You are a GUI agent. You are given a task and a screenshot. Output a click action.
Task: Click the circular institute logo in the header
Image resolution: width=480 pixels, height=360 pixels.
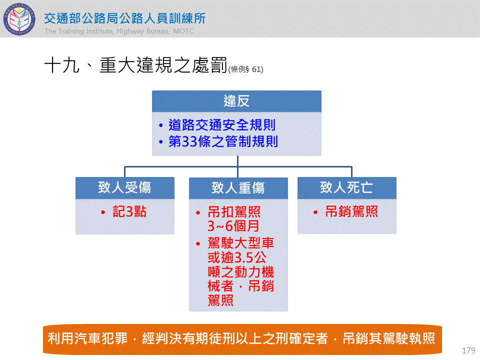(19, 19)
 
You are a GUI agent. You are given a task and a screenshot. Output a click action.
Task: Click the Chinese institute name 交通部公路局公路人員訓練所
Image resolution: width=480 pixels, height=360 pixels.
(124, 18)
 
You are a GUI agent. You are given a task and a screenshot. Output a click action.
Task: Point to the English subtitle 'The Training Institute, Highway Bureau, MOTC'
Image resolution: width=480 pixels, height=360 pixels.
(119, 31)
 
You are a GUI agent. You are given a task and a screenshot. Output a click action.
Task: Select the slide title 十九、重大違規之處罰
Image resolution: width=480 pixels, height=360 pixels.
(135, 65)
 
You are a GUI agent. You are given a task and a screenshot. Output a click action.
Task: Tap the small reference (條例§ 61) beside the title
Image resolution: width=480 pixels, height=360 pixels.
(246, 69)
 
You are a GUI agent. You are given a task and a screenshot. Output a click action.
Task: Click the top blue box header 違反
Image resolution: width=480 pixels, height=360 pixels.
(236, 101)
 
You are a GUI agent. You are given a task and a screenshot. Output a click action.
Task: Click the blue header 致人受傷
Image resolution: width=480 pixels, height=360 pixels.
(125, 187)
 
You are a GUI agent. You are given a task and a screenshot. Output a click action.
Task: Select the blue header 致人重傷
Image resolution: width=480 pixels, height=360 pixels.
(238, 188)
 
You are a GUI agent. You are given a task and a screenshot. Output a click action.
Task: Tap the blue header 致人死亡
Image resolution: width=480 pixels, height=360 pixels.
(347, 187)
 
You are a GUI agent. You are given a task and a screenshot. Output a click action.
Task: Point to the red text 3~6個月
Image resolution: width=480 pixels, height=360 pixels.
(233, 226)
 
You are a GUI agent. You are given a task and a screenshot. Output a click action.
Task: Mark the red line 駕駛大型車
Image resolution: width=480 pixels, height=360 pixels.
(240, 243)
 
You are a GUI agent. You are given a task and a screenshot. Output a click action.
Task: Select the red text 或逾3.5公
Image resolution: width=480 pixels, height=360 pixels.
(237, 257)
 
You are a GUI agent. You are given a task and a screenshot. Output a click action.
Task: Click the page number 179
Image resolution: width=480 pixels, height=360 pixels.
(468, 350)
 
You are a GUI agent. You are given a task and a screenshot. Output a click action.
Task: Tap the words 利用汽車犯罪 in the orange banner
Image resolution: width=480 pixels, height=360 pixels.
(87, 338)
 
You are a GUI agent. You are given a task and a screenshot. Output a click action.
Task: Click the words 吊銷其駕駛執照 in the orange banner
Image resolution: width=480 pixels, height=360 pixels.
(389, 338)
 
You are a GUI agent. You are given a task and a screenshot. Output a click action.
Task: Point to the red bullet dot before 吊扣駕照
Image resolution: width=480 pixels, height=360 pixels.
(198, 213)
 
